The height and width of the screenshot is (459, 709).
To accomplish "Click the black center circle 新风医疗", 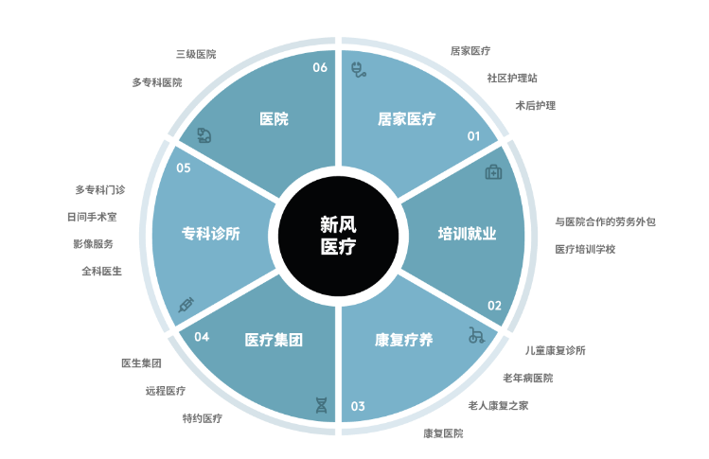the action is tap(338, 236).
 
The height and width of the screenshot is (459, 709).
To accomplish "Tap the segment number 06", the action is tap(320, 67).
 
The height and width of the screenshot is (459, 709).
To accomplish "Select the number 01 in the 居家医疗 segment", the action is tap(473, 136).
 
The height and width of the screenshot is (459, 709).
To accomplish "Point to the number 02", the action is tap(494, 306).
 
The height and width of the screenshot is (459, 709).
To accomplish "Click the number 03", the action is tap(358, 406).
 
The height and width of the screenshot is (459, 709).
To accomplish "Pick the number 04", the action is tap(202, 337).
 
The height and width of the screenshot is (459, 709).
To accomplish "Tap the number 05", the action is tap(184, 168).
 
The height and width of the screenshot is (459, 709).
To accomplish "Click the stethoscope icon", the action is tap(359, 70).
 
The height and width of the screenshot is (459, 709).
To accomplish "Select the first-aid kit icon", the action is tap(493, 172).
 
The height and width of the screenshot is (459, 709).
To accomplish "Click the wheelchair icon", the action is tap(476, 335).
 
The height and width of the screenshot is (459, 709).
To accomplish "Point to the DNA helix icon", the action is tap(321, 405).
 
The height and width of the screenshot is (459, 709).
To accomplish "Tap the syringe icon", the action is tap(186, 305).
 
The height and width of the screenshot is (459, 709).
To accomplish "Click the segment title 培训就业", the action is tap(467, 234).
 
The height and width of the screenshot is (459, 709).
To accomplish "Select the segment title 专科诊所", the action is tap(211, 234).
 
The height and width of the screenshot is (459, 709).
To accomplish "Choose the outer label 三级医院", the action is tap(196, 54).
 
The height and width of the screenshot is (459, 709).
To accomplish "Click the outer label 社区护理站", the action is tap(512, 79).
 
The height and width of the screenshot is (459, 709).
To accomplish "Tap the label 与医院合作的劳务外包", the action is tap(606, 221).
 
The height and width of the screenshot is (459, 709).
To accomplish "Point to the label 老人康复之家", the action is tap(498, 406).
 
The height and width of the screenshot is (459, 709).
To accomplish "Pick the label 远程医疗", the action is tap(166, 391).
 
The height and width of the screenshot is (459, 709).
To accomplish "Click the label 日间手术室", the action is tap(92, 217).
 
